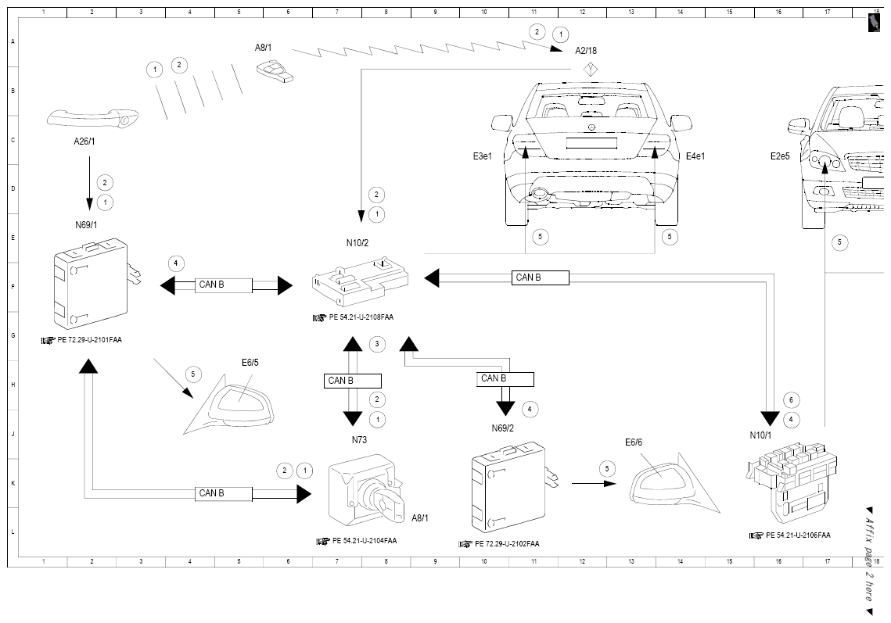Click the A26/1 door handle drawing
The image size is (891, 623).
(92, 118)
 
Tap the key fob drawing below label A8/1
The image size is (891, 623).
(275, 73)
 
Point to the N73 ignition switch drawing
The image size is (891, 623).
(367, 490)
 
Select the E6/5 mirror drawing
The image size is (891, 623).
(228, 405)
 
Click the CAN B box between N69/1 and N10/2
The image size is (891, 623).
(224, 285)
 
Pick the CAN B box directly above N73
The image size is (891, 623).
(352, 381)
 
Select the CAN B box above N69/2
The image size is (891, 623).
(505, 379)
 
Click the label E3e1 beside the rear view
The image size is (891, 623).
(483, 156)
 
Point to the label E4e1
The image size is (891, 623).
(695, 156)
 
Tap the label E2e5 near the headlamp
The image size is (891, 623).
(780, 156)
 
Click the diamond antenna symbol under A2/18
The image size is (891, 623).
(591, 70)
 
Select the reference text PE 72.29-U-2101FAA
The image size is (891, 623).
(90, 340)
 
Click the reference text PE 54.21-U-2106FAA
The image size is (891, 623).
(798, 535)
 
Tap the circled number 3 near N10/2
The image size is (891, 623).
(377, 344)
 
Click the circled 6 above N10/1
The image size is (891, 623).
(791, 399)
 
